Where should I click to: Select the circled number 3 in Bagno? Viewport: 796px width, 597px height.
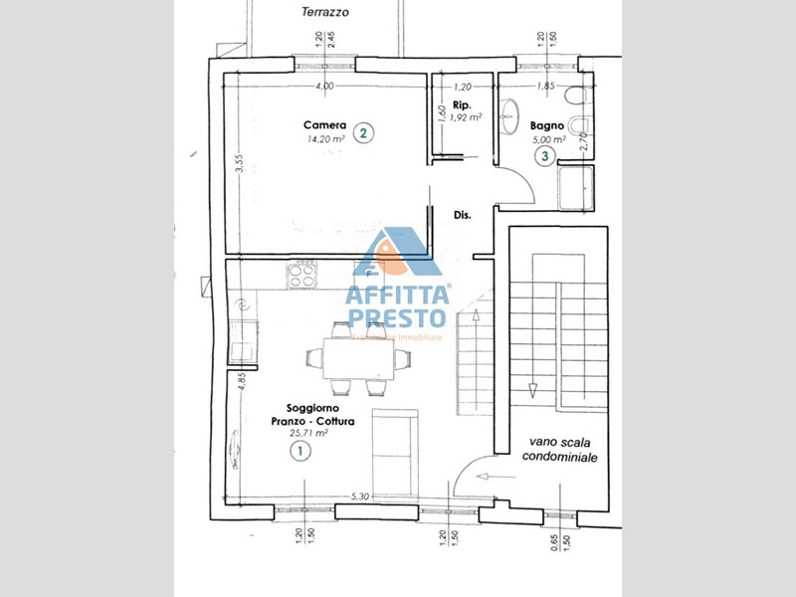pos(545,156)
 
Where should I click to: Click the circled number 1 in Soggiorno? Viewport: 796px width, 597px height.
pos(298,452)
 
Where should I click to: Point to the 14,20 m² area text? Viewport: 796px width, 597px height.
pos(325,140)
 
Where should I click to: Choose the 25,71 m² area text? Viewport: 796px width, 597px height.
pos(308,433)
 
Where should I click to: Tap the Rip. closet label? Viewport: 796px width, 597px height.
pos(462,103)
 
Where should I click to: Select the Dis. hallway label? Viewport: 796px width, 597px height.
pos(462,214)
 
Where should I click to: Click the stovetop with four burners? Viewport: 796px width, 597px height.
pos(302,274)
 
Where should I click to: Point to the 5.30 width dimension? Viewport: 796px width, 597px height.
pos(360,497)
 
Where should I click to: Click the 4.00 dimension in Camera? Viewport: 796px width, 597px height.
pos(324,86)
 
